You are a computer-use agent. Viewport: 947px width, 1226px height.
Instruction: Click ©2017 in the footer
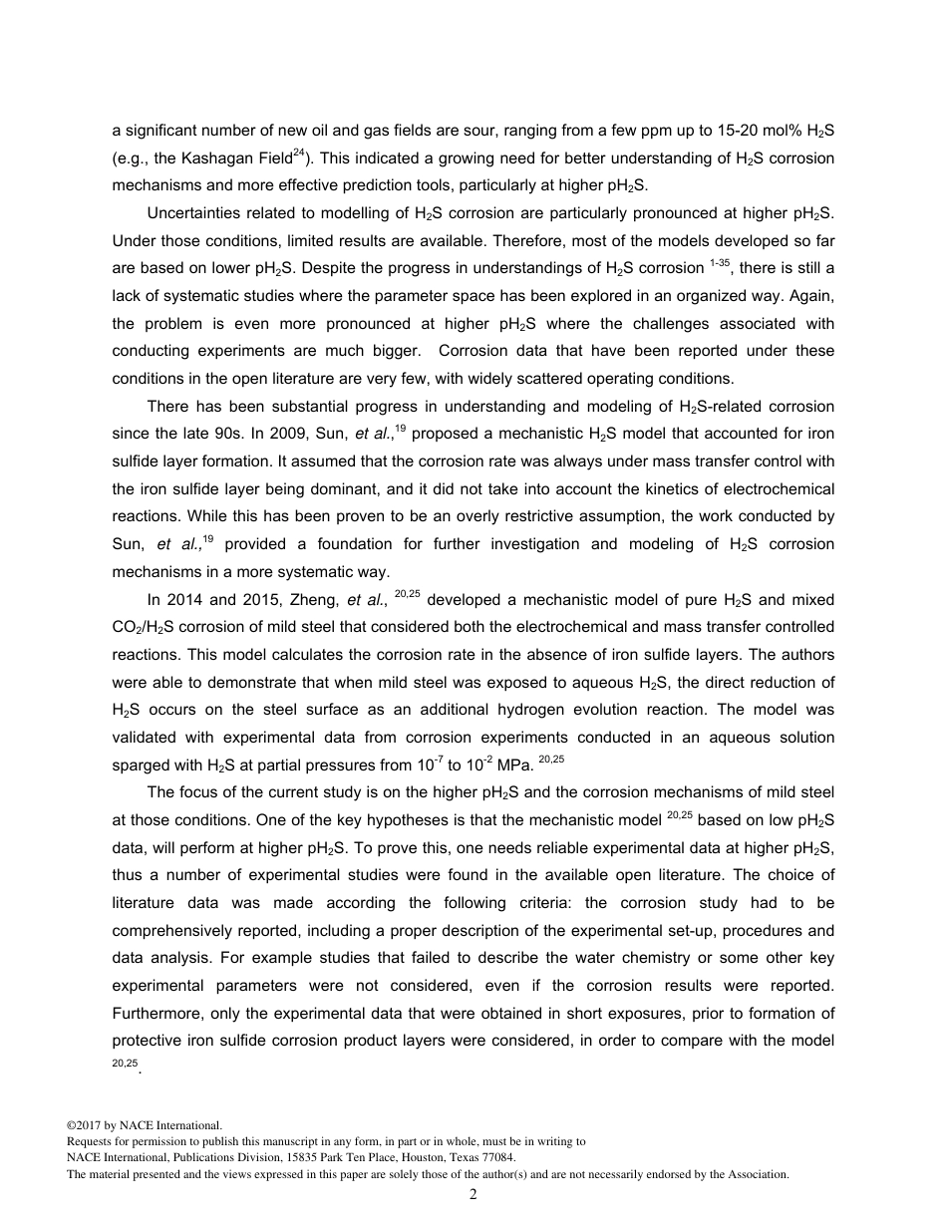(85, 1125)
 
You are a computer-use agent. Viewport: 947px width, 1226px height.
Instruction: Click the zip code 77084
(496, 1158)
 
